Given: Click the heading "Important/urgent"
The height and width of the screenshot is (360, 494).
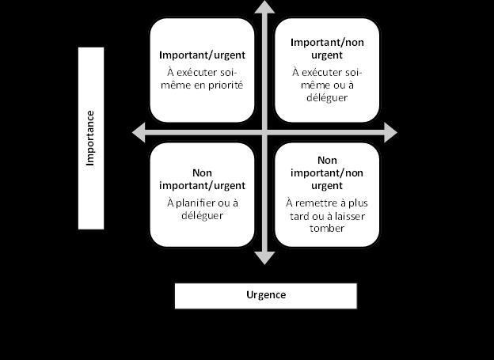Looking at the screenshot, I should coord(202,55).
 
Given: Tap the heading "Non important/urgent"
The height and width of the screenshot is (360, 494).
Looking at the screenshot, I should coord(202,180).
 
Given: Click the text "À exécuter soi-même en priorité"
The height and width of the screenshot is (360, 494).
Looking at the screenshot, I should coord(202,78).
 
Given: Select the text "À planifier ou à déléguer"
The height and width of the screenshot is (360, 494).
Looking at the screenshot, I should coord(202,208).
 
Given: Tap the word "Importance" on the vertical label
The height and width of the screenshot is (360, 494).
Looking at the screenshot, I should coord(91,138).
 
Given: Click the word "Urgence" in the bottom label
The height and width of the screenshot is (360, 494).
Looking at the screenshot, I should coord(265,295).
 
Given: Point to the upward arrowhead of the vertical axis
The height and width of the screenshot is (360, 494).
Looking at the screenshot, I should coord(265,8).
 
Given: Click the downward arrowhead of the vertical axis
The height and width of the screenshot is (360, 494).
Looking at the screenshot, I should coord(265,257).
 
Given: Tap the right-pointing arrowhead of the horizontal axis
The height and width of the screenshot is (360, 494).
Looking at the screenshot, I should coord(389,132).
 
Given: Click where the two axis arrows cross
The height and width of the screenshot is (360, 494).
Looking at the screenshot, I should coord(265,132).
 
